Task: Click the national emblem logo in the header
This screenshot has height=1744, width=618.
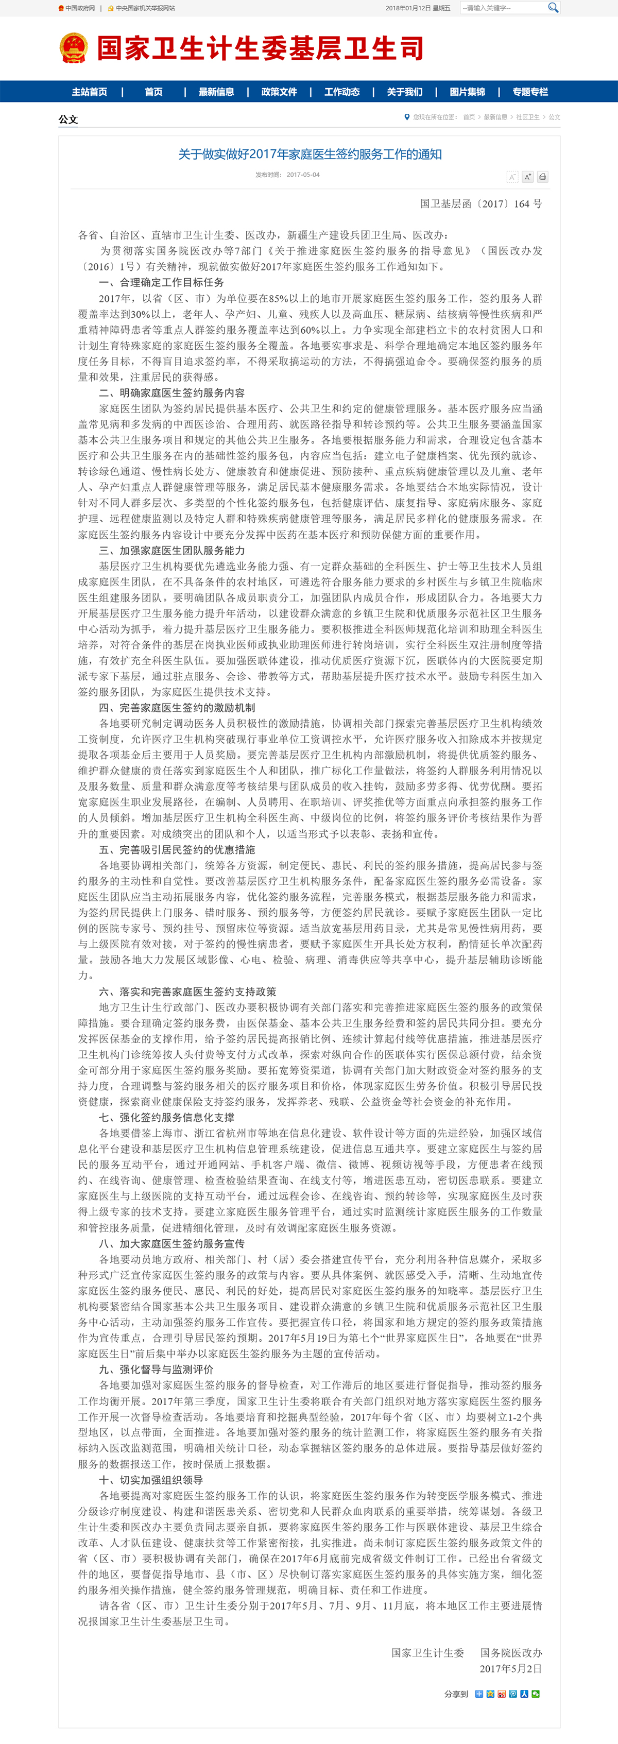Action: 73,48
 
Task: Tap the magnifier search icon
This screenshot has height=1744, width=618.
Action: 553,7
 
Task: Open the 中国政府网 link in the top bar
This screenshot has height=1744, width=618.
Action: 80,8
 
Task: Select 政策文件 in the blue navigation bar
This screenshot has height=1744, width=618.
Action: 279,91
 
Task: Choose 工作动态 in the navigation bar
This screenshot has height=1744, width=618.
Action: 342,91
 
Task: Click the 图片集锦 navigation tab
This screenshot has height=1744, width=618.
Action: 467,91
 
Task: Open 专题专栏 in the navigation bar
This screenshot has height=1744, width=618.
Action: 530,91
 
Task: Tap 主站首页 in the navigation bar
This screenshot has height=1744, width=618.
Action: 89,91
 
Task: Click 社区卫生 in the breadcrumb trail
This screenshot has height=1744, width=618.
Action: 528,117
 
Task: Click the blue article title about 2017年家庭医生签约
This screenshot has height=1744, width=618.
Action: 310,155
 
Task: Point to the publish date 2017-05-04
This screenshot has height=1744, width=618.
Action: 303,175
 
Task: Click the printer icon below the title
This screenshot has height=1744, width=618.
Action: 542,177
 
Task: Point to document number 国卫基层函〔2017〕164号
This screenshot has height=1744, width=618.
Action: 480,203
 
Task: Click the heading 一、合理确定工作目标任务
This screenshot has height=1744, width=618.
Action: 161,282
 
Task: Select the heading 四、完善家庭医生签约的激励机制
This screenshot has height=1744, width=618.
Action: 177,708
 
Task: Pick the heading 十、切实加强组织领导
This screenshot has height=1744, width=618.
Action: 151,1480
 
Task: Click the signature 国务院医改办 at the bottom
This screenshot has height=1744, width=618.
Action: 511,1653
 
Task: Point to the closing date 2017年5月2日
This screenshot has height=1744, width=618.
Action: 510,1668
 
